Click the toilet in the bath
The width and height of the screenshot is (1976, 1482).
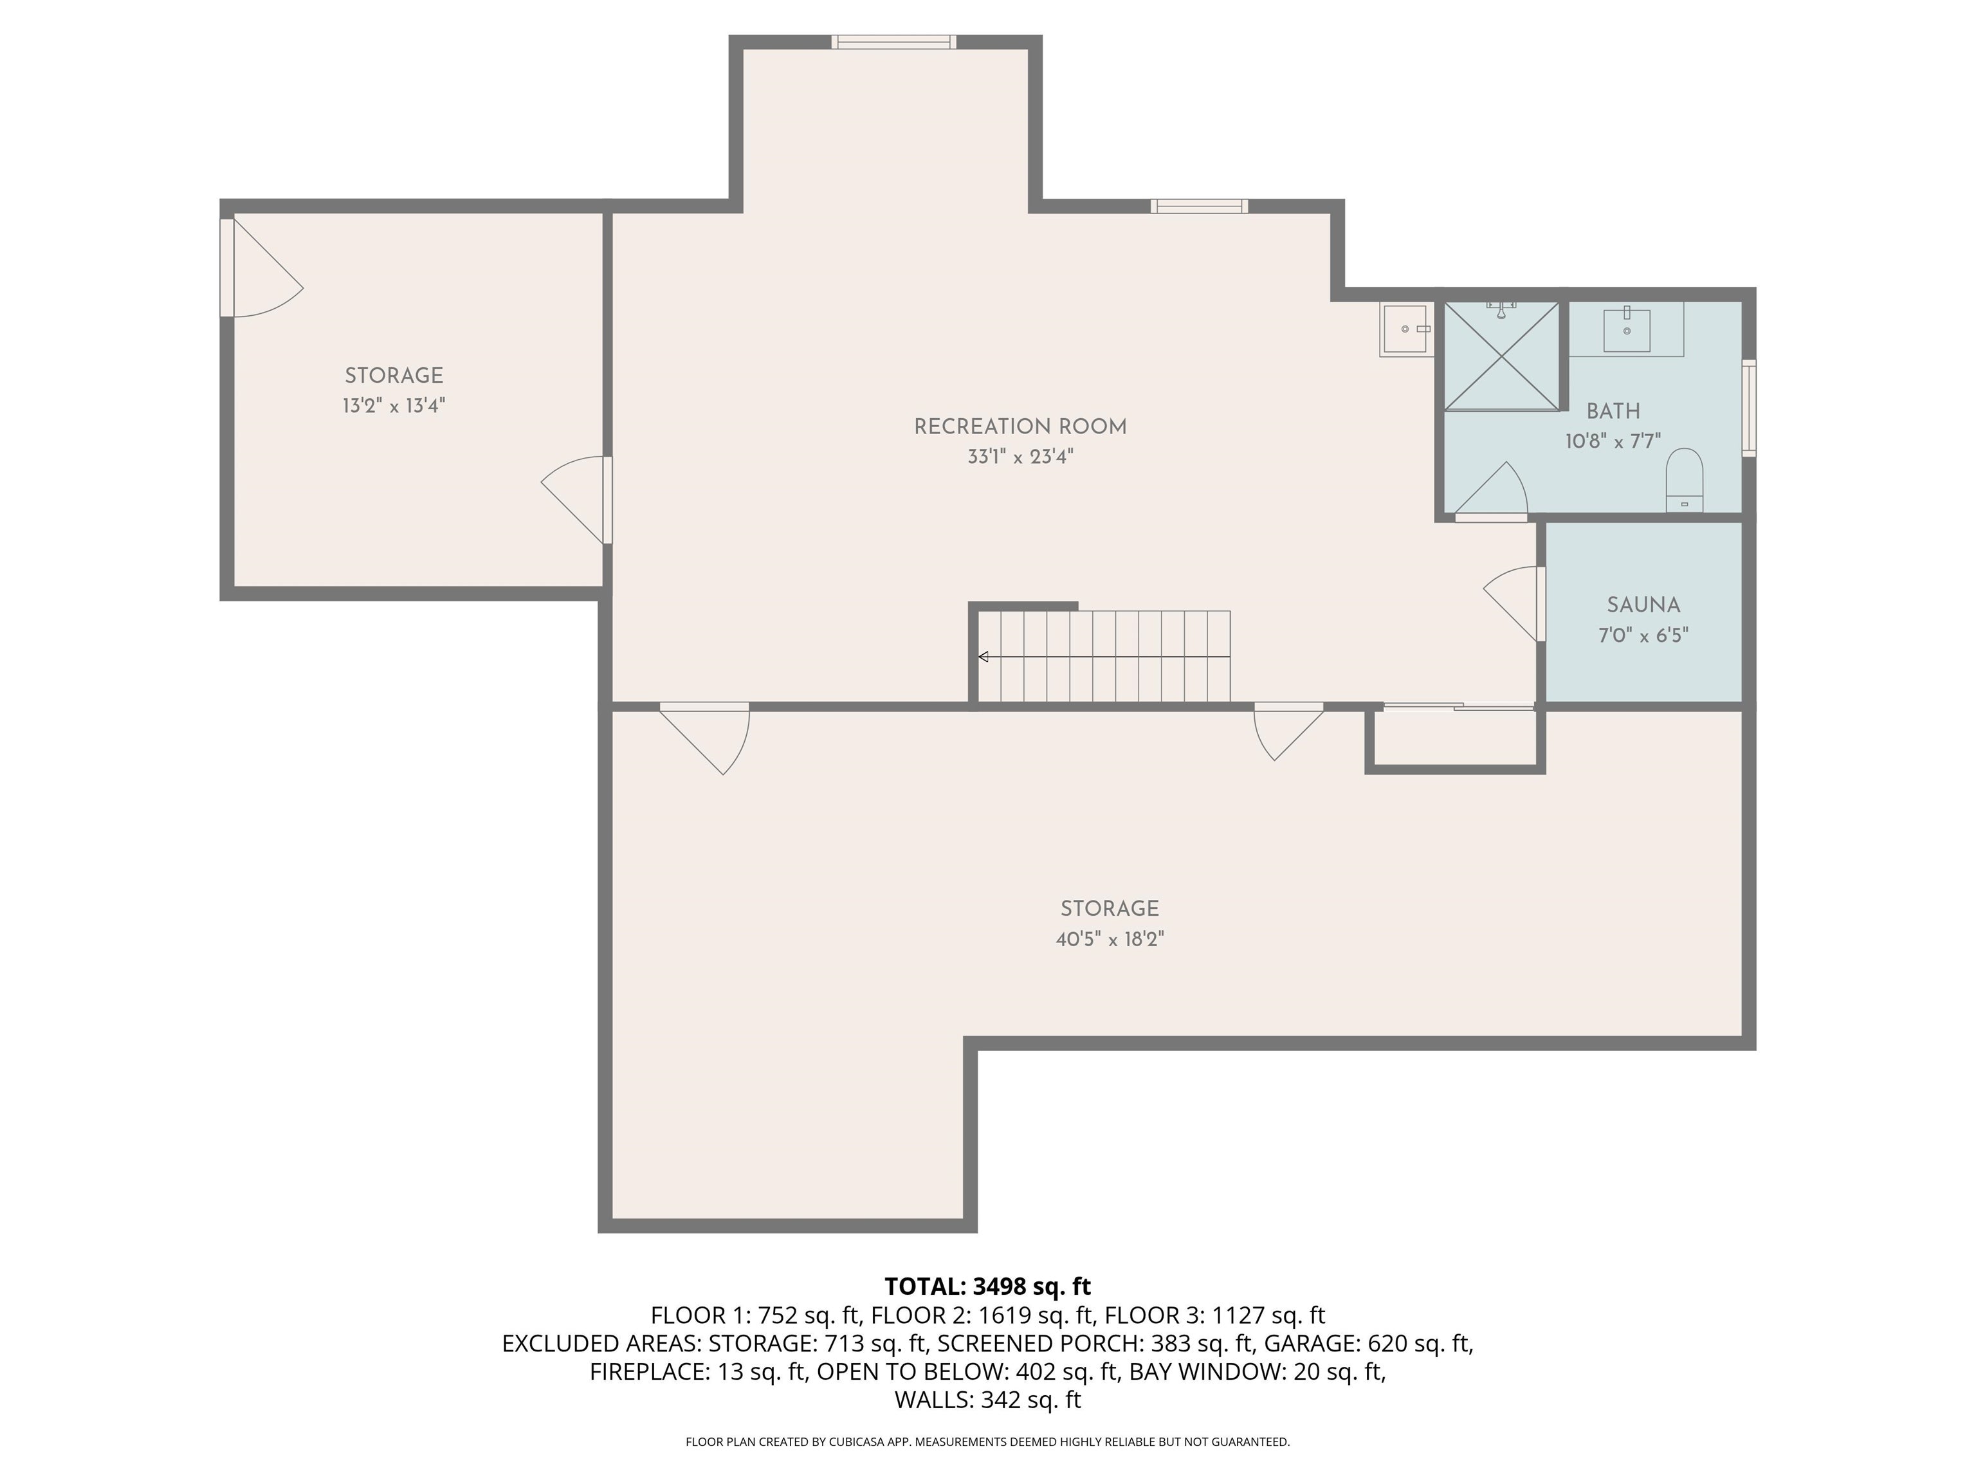tap(1684, 480)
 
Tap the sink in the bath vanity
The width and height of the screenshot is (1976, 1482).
tap(1626, 329)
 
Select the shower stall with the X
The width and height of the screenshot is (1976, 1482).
tap(1502, 356)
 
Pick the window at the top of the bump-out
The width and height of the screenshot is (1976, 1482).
tap(893, 41)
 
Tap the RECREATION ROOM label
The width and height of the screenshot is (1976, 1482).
tap(1020, 427)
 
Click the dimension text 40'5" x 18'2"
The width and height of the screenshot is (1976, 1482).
tap(1110, 939)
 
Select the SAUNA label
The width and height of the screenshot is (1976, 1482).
tap(1643, 605)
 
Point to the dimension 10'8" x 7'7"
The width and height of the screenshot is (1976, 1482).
tap(1613, 441)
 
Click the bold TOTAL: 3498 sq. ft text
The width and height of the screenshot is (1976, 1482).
tap(987, 1286)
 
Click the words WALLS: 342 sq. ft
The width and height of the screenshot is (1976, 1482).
tap(987, 1400)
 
